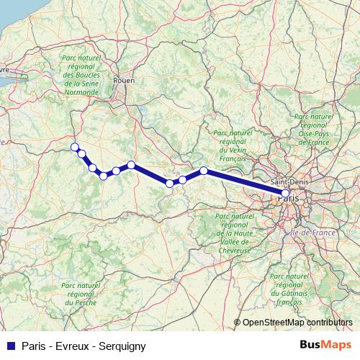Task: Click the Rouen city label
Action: tap(124, 81)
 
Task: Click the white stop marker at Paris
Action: tap(286, 194)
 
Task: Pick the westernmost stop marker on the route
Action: tap(74, 148)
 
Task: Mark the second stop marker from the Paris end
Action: tap(204, 171)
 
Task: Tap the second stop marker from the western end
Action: tap(82, 153)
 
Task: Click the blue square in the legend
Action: tap(9, 346)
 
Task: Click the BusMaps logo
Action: tap(325, 346)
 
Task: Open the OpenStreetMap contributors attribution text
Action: tap(297, 323)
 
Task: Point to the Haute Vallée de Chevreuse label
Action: tap(233, 233)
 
